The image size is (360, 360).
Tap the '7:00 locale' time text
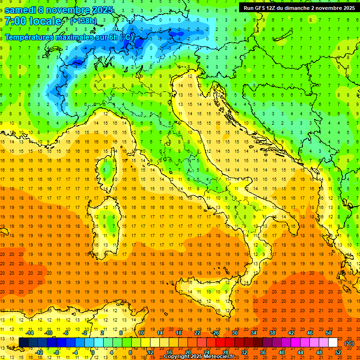click(33, 21)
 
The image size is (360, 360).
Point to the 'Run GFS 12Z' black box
click(299, 7)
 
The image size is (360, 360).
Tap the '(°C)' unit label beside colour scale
click(349, 343)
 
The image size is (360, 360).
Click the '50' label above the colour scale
click(329, 333)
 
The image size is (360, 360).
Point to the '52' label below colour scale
click(338, 352)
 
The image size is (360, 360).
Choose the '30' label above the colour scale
click(235, 333)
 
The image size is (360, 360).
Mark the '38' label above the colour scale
click(272, 333)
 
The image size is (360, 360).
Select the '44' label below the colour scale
click(300, 352)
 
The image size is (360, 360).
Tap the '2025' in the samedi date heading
click(100, 10)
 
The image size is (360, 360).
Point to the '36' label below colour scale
click(263, 352)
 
